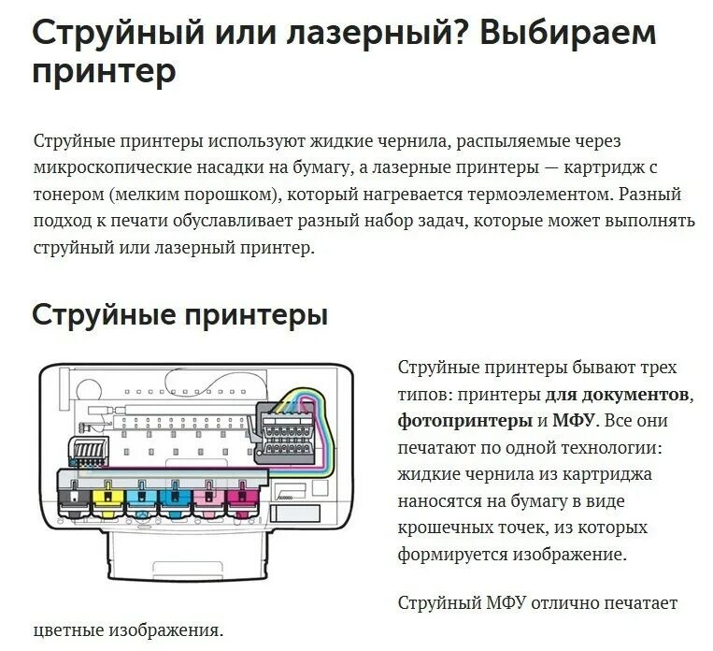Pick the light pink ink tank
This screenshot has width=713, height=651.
208,500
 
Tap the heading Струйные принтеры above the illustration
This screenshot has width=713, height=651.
179,313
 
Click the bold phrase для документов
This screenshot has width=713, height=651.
619,393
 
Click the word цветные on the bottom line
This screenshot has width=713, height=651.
70,629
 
